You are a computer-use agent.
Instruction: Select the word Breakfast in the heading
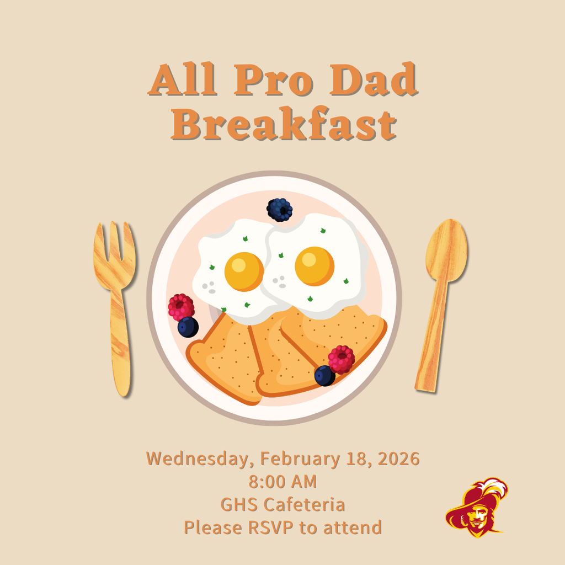pos(284,125)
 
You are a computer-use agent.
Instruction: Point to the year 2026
pos(398,459)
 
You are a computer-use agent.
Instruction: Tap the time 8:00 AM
pos(282,481)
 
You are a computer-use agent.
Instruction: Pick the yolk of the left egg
pos(244,271)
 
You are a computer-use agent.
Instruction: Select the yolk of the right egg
pos(315,266)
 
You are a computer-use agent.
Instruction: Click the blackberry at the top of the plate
pos(280,210)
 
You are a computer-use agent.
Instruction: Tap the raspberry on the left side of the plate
pos(181,307)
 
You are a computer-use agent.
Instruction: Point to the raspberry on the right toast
pos(342,359)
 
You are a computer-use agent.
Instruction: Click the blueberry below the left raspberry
pos(188,327)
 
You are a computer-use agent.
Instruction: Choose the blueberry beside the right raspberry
pos(324,376)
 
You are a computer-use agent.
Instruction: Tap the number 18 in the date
pos(358,459)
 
